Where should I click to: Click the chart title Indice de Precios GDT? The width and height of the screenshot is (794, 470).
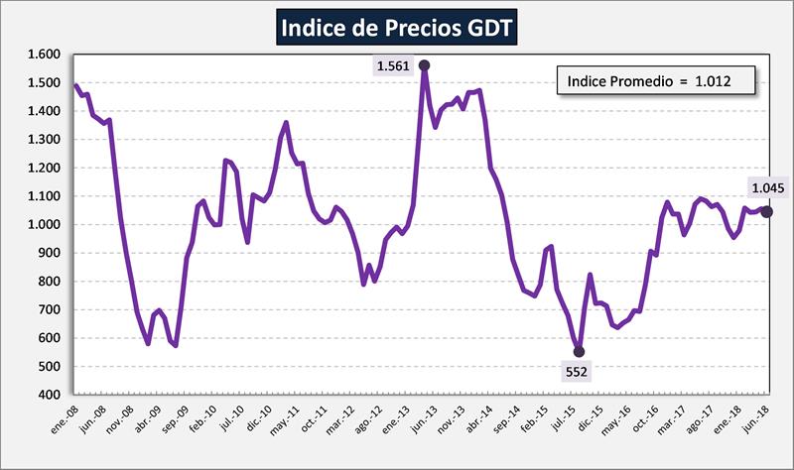click(397, 28)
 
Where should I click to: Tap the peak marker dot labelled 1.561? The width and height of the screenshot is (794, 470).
click(425, 65)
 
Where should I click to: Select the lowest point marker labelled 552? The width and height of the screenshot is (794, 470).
click(579, 352)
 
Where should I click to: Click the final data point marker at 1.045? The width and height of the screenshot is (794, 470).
click(766, 212)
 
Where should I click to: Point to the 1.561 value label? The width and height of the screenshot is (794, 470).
click(391, 66)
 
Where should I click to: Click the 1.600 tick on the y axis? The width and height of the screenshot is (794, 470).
click(44, 55)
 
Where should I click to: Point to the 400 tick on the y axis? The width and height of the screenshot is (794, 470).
click(50, 395)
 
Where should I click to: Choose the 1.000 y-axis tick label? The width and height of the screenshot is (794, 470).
click(44, 225)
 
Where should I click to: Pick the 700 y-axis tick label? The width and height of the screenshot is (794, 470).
click(50, 310)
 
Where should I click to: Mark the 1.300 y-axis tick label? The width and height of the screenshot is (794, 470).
click(44, 140)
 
